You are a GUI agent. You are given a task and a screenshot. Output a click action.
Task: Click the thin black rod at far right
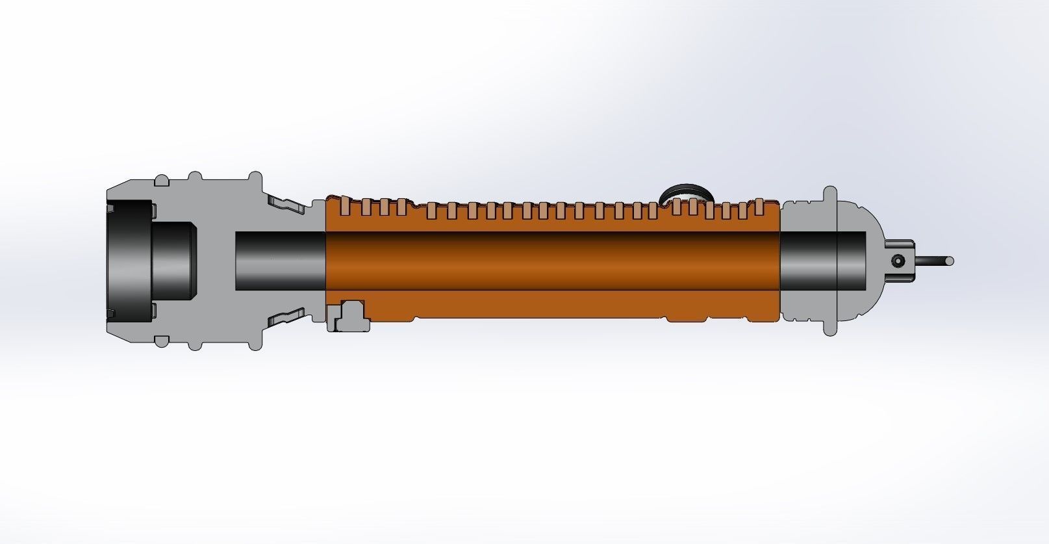(x=935, y=261)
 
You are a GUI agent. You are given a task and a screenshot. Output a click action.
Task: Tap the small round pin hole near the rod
(x=898, y=261)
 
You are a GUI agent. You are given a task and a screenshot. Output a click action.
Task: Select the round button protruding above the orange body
(x=686, y=193)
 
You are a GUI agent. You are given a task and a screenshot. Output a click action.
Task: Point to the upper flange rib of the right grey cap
(x=830, y=195)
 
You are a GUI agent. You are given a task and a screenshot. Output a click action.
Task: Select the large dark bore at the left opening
(x=130, y=260)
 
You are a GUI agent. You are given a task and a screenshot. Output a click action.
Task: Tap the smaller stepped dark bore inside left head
(x=175, y=260)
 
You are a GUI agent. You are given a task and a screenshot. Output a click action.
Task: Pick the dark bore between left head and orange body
(x=279, y=260)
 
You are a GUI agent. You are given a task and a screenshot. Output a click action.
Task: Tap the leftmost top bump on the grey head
(x=160, y=179)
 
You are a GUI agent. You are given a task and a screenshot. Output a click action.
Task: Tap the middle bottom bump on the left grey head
(x=195, y=343)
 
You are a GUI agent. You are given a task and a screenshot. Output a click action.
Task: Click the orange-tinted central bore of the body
(x=552, y=260)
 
